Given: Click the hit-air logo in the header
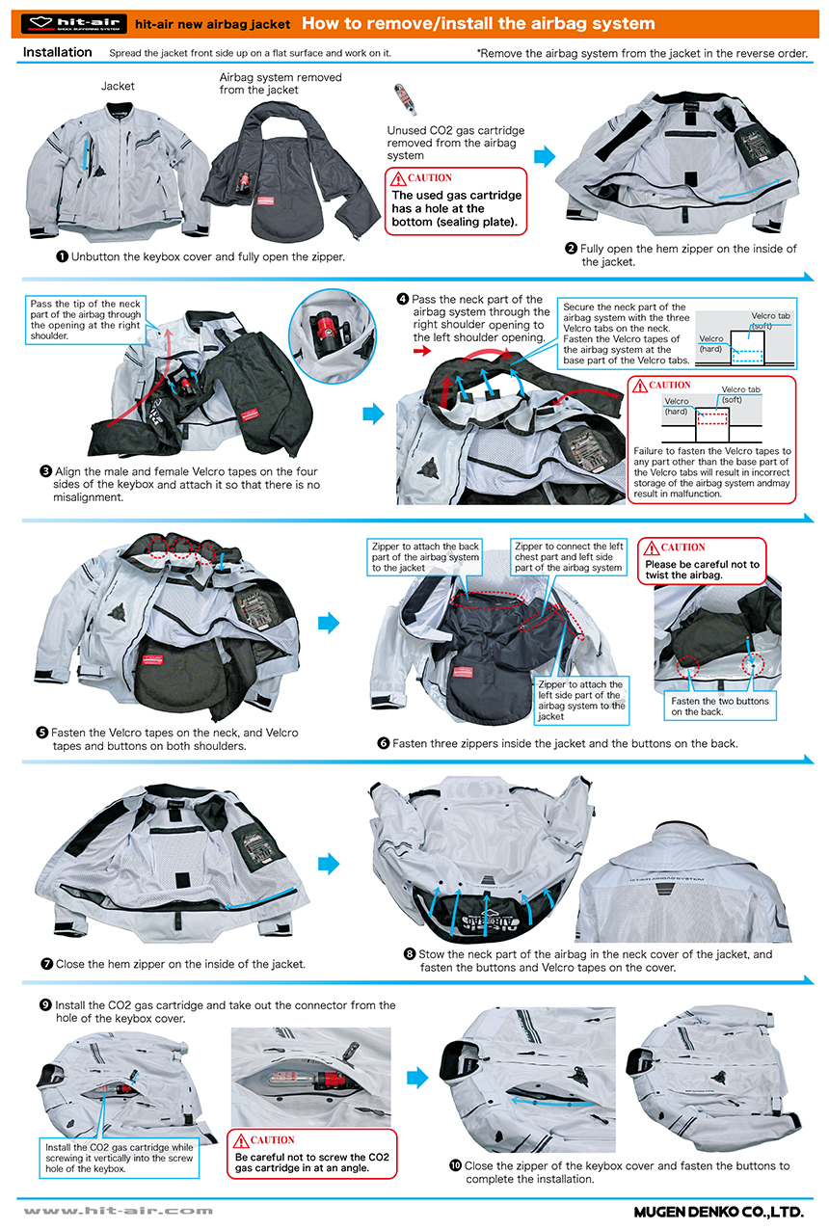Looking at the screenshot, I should coord(73,23).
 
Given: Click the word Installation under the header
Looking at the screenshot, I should coord(57,52).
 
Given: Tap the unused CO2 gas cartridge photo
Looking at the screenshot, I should coord(398,101).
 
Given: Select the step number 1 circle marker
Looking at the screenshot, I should coord(62,257).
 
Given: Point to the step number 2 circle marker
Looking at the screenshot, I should coord(572,249).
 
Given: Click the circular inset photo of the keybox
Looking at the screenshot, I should coord(332,328).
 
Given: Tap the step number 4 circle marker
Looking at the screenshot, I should coord(403,299).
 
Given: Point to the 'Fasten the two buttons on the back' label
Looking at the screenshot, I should coord(720,707).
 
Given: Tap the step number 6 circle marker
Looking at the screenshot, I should coord(383,743).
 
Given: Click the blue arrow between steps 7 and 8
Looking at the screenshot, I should coord(330,863).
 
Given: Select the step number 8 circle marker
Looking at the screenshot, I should coord(410,954).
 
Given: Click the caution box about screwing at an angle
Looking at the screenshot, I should coord(310,1154).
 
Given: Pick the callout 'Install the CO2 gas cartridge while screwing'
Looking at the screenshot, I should coord(120,1158).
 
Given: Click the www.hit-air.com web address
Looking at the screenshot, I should coord(118,1211).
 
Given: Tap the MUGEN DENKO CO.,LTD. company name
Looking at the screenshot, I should coord(717,1211).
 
